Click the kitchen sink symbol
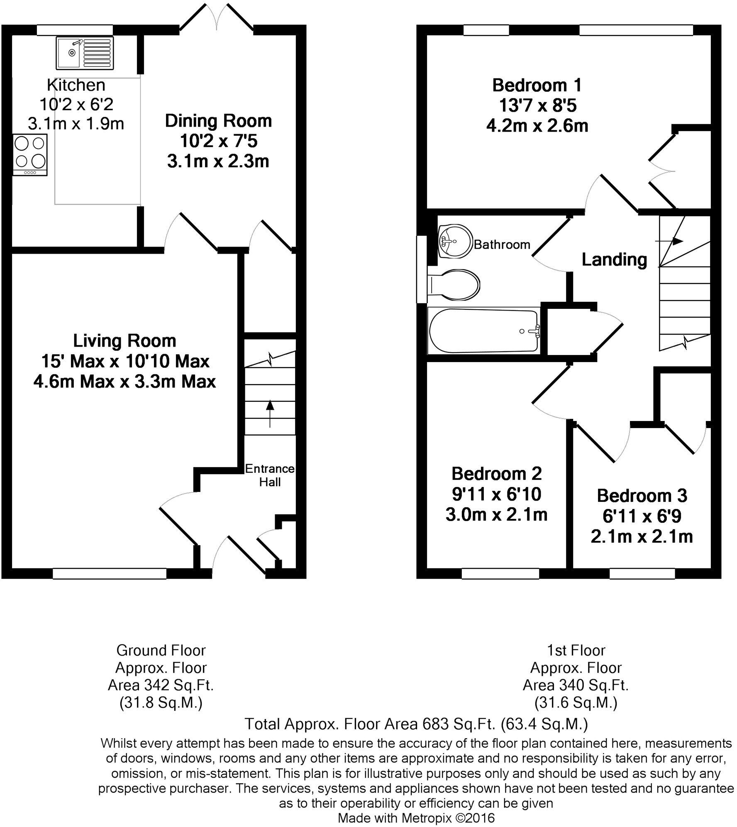[84, 53]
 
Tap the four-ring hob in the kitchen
[29, 154]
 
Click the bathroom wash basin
[455, 241]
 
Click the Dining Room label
[218, 121]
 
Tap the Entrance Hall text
[270, 475]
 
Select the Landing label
[614, 259]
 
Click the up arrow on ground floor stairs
[270, 413]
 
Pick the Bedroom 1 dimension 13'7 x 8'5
[537, 105]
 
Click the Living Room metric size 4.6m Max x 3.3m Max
[124, 381]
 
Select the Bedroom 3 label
[642, 496]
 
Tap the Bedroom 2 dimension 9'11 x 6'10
[496, 494]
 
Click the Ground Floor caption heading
[161, 650]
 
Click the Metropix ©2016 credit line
[416, 818]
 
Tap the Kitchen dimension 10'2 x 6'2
[76, 104]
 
